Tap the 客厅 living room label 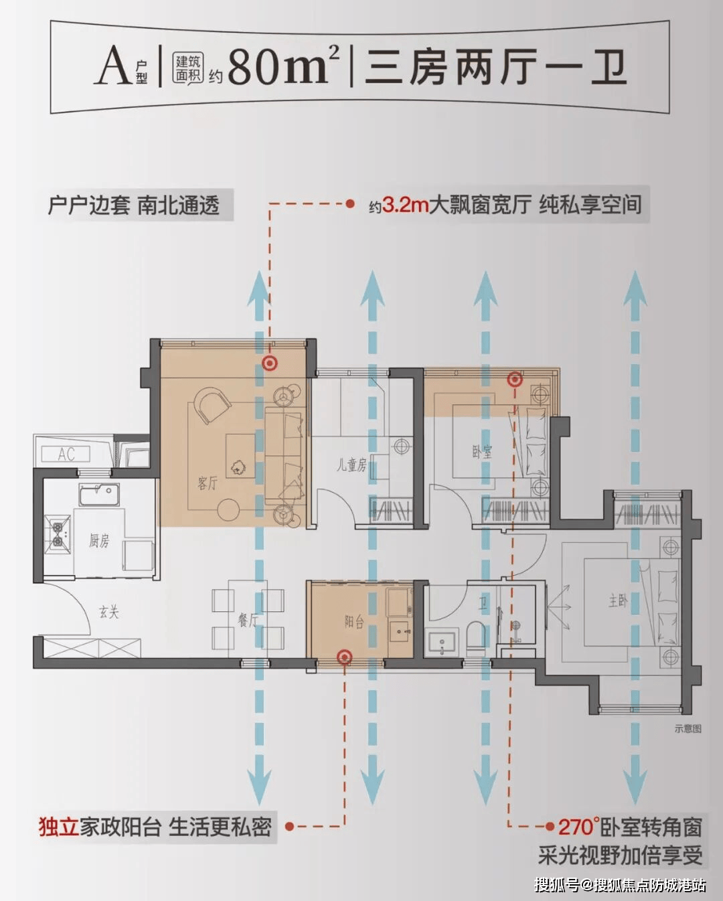(x=208, y=483)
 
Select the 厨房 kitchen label (x=99, y=541)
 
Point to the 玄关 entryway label (x=109, y=612)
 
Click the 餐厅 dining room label (x=248, y=620)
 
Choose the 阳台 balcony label (x=354, y=622)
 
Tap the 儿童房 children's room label (x=351, y=465)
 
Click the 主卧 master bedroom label (x=618, y=602)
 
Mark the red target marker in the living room (x=270, y=363)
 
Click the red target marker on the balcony (x=345, y=657)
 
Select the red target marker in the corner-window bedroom (x=515, y=380)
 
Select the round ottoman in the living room (x=228, y=510)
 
